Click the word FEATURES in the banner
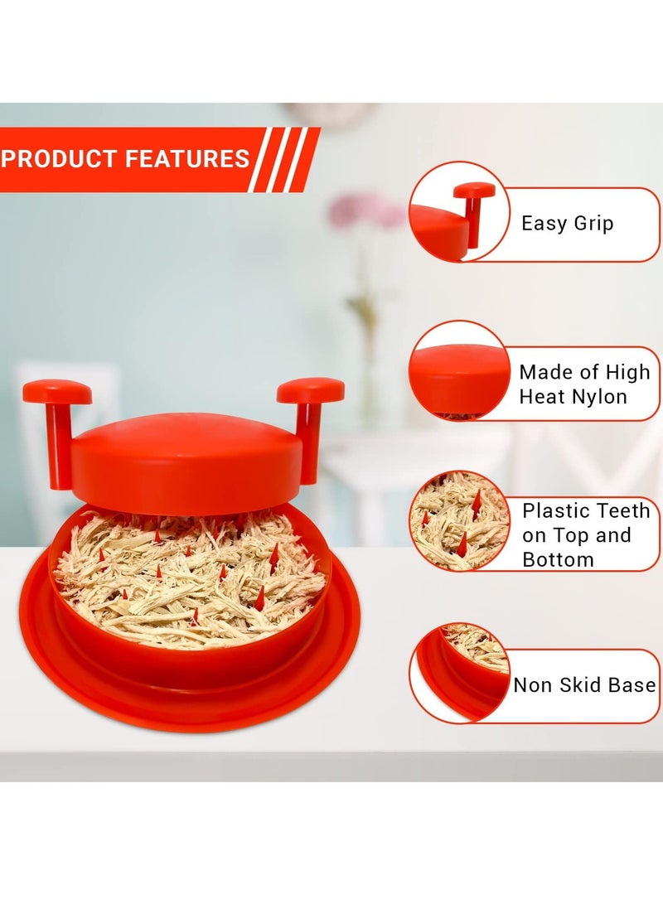[x=187, y=158]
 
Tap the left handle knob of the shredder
[x=57, y=391]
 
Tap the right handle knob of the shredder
[x=311, y=389]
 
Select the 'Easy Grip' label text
[x=567, y=223]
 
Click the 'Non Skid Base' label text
[x=584, y=685]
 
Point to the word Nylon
[x=599, y=397]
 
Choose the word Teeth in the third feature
[x=612, y=511]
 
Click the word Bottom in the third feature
[x=558, y=559]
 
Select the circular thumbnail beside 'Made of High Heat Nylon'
[x=459, y=370]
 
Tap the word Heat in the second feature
[x=542, y=397]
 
